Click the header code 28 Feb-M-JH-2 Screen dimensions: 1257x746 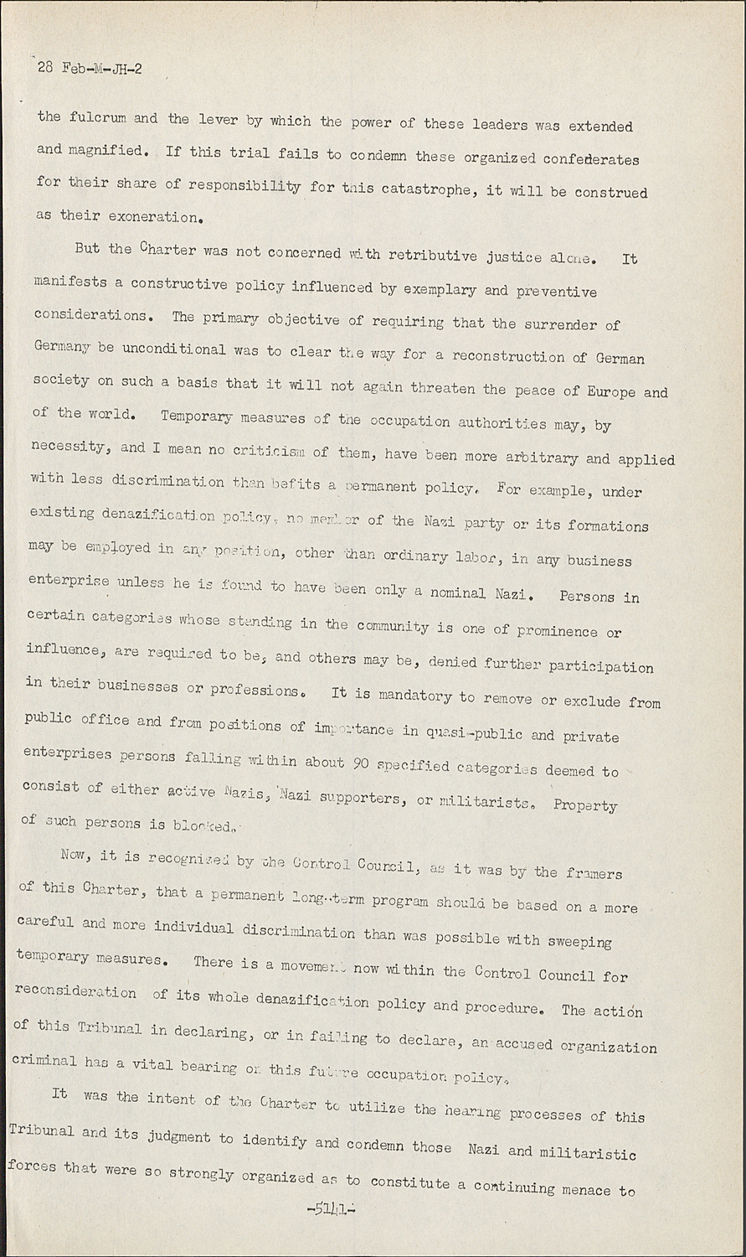[90, 69]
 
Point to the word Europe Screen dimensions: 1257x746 [611, 392]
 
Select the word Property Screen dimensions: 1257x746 [585, 805]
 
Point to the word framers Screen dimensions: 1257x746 [592, 872]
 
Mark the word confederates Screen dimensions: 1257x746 [581, 158]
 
